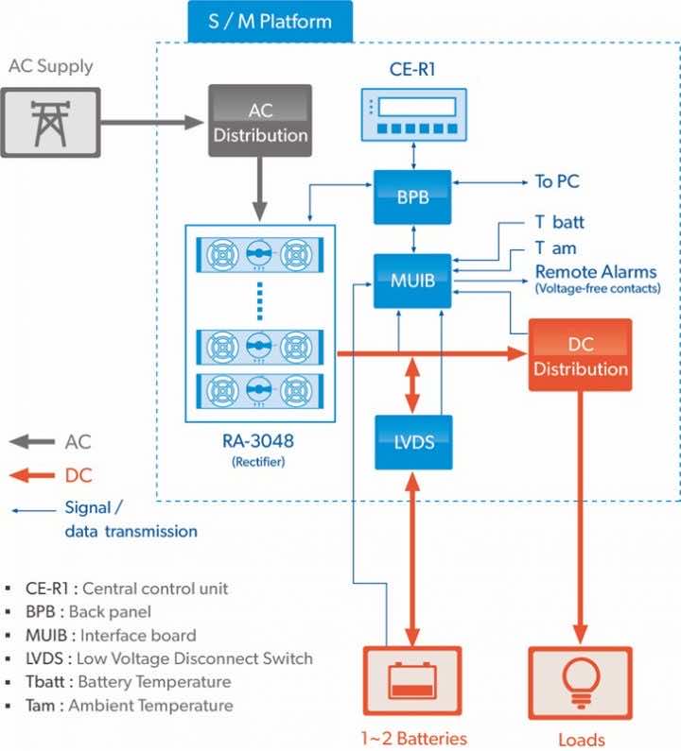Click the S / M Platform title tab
[271, 20]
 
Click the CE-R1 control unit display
[414, 115]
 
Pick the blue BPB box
[413, 196]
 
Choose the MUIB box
[413, 280]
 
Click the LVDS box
[413, 441]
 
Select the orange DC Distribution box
[580, 355]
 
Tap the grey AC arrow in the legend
[30, 441]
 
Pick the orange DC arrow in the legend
[30, 475]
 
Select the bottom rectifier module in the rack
[259, 390]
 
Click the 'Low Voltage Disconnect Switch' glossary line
[170, 658]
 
